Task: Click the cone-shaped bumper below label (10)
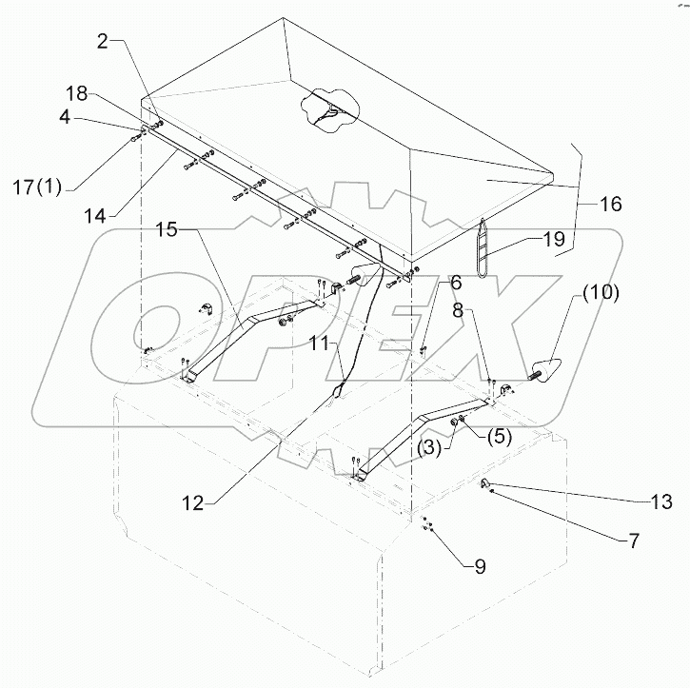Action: tap(548, 369)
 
